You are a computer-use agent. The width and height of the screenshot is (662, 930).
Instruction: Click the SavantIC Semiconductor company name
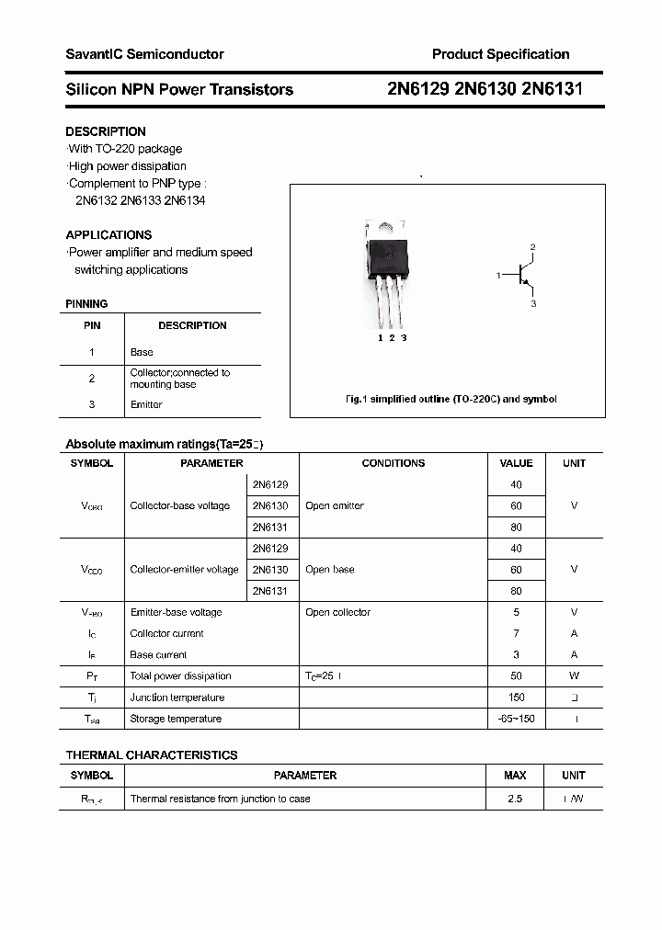pos(144,54)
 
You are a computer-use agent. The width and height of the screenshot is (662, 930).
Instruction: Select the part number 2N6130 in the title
pos(485,89)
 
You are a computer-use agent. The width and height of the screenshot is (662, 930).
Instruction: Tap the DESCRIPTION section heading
pos(106,131)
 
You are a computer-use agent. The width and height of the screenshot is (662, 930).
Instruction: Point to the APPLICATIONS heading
pos(108,234)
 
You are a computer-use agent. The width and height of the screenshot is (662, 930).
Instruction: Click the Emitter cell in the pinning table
pos(146,404)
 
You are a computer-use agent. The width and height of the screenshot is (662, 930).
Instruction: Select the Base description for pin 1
pos(142,352)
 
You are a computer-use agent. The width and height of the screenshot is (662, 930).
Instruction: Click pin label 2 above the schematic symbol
pos(532,247)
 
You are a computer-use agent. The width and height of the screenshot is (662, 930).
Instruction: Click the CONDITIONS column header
pos(393,463)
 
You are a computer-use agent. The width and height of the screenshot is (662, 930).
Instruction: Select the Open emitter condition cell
pos(335,505)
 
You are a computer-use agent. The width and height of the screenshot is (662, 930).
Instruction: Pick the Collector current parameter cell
pos(166,633)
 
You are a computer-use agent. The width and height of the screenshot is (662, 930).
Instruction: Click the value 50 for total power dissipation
pos(516,675)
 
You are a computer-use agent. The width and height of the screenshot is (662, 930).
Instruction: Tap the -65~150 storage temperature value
pos(516,719)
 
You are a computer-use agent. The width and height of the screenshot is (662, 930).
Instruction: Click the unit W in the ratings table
pos(574,675)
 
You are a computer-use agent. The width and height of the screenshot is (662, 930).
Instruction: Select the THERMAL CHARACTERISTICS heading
pos(152,754)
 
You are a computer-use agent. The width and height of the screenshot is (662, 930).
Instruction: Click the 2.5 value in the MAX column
pos(515,799)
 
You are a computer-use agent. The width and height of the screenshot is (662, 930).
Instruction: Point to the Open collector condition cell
pos(338,612)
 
